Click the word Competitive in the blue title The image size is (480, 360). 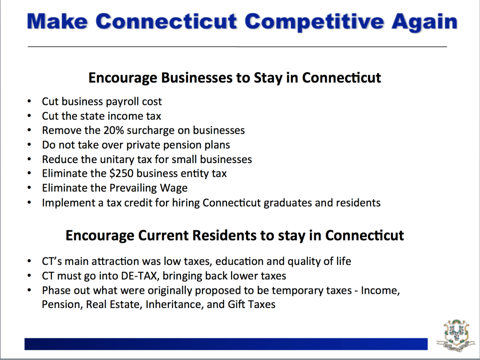[x=314, y=22]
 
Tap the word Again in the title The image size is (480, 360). [x=424, y=22]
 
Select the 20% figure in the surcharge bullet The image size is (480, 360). [x=113, y=130]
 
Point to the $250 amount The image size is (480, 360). [x=121, y=173]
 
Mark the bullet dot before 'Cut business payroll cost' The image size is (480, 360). [x=29, y=101]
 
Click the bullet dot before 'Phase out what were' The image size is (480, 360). [x=29, y=290]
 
